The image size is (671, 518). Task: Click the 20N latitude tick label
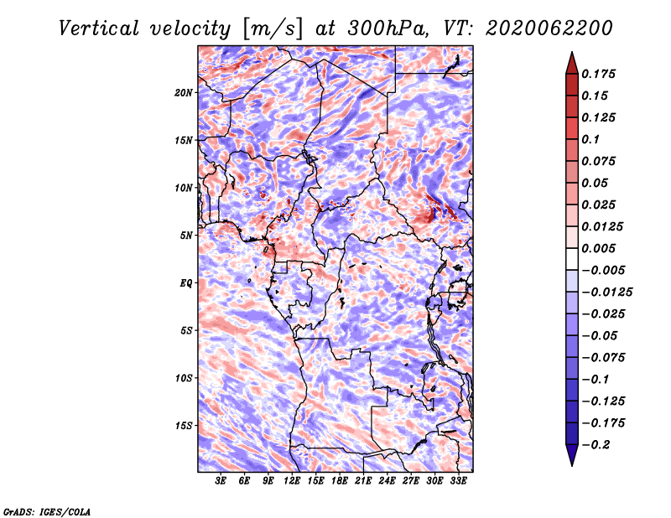point(184,93)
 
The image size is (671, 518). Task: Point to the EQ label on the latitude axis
point(186,283)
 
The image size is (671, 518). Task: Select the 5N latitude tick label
point(186,236)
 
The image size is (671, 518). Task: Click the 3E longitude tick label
point(221,481)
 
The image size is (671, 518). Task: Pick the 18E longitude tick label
point(340,481)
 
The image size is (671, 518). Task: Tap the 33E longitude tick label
point(458,481)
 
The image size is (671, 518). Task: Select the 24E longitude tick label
point(387,481)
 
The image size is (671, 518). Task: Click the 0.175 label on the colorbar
point(598,74)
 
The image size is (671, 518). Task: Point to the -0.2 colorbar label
point(596,445)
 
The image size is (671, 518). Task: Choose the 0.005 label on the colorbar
point(598,248)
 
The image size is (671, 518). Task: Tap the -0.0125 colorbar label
point(606,293)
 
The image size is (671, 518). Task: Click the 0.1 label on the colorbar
point(590,139)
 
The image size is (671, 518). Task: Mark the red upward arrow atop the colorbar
point(572,63)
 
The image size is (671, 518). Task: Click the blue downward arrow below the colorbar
point(572,455)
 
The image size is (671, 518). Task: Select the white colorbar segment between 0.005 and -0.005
point(572,259)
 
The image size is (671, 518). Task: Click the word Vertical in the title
point(99,28)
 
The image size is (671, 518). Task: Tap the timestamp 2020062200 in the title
point(549,28)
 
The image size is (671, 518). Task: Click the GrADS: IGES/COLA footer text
point(47,511)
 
